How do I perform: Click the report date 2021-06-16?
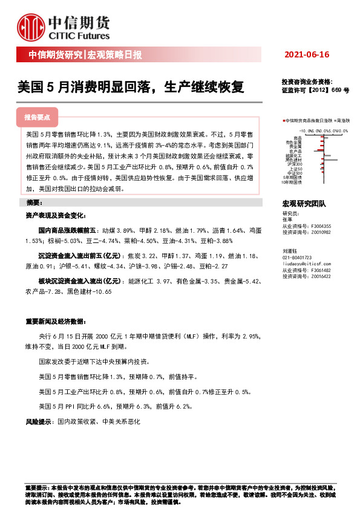(x=306, y=55)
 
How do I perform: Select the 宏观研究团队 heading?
(x=304, y=204)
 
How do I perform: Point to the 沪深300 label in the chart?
(x=295, y=164)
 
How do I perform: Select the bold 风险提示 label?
(x=38, y=420)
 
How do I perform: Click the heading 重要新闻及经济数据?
(x=55, y=320)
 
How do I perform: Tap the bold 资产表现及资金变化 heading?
(x=55, y=215)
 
